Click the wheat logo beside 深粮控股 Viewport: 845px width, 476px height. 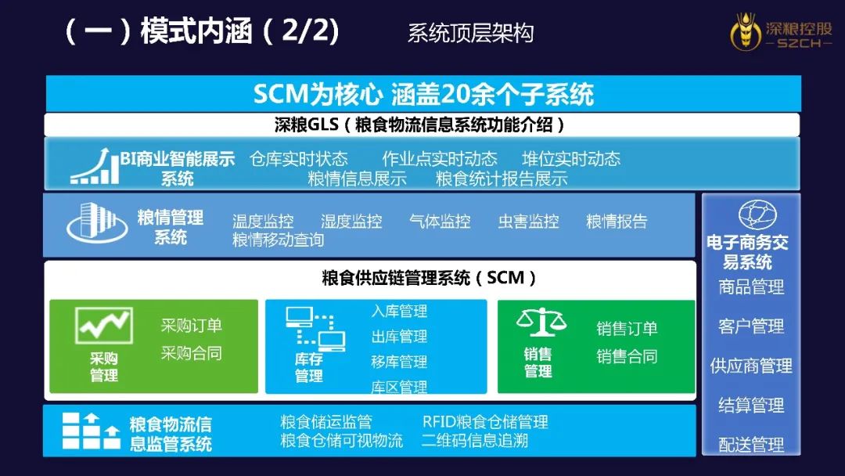click(x=746, y=32)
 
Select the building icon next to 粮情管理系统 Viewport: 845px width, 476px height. click(x=97, y=222)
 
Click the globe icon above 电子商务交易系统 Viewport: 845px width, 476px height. click(x=757, y=215)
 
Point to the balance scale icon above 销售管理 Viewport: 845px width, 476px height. click(x=541, y=322)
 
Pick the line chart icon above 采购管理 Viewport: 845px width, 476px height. click(x=104, y=325)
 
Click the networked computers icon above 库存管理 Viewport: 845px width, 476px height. click(x=315, y=328)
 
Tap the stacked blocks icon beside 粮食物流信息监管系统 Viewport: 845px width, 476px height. click(x=91, y=431)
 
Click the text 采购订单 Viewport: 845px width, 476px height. click(x=192, y=325)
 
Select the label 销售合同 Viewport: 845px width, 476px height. click(x=627, y=356)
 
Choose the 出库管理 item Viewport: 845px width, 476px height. click(x=399, y=337)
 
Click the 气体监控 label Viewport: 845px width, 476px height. click(x=440, y=221)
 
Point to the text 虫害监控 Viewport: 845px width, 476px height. click(x=528, y=221)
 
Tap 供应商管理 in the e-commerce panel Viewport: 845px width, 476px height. click(x=751, y=366)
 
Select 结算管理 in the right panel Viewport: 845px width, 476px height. click(x=751, y=405)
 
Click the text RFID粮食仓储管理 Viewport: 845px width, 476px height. click(x=485, y=421)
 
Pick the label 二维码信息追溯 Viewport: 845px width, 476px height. click(x=475, y=441)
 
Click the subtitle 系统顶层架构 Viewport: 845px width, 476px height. click(x=470, y=33)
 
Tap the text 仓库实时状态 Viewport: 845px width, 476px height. click(x=299, y=158)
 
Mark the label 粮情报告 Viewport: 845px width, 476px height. click(x=617, y=221)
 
